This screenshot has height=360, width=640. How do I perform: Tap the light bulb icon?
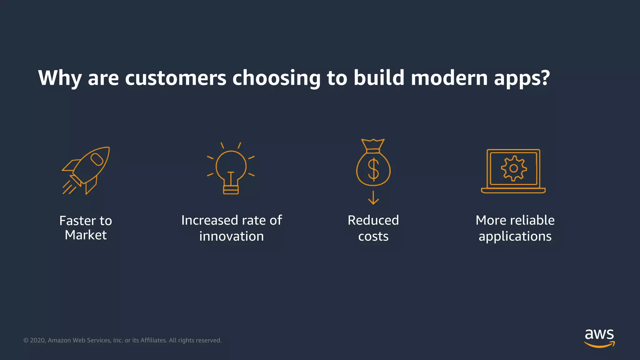click(x=231, y=169)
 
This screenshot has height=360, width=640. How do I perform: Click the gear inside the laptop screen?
click(x=514, y=168)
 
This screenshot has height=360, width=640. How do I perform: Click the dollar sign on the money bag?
click(x=373, y=169)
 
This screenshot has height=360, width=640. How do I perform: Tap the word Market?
click(x=86, y=235)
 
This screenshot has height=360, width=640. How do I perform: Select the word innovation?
click(x=232, y=236)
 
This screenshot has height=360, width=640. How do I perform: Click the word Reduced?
click(x=373, y=220)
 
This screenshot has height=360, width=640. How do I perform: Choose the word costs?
click(x=373, y=237)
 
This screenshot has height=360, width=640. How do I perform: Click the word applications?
click(x=515, y=237)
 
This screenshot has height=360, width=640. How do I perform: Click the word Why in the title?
click(x=60, y=78)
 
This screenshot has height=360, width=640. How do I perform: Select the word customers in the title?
click(x=175, y=78)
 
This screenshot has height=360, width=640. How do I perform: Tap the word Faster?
click(x=78, y=221)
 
